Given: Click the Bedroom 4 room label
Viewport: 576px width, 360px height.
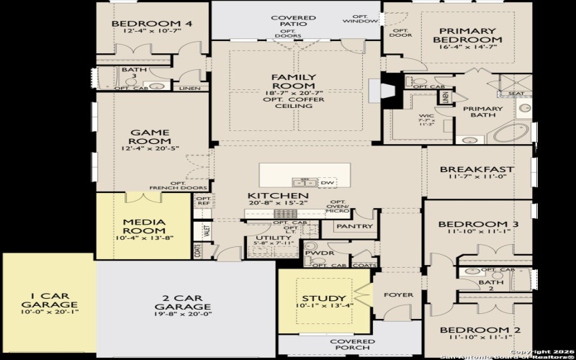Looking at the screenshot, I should (152, 24).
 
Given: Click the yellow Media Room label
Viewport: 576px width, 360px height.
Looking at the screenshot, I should (145, 227).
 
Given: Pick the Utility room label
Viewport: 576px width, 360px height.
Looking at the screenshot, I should (273, 237).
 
